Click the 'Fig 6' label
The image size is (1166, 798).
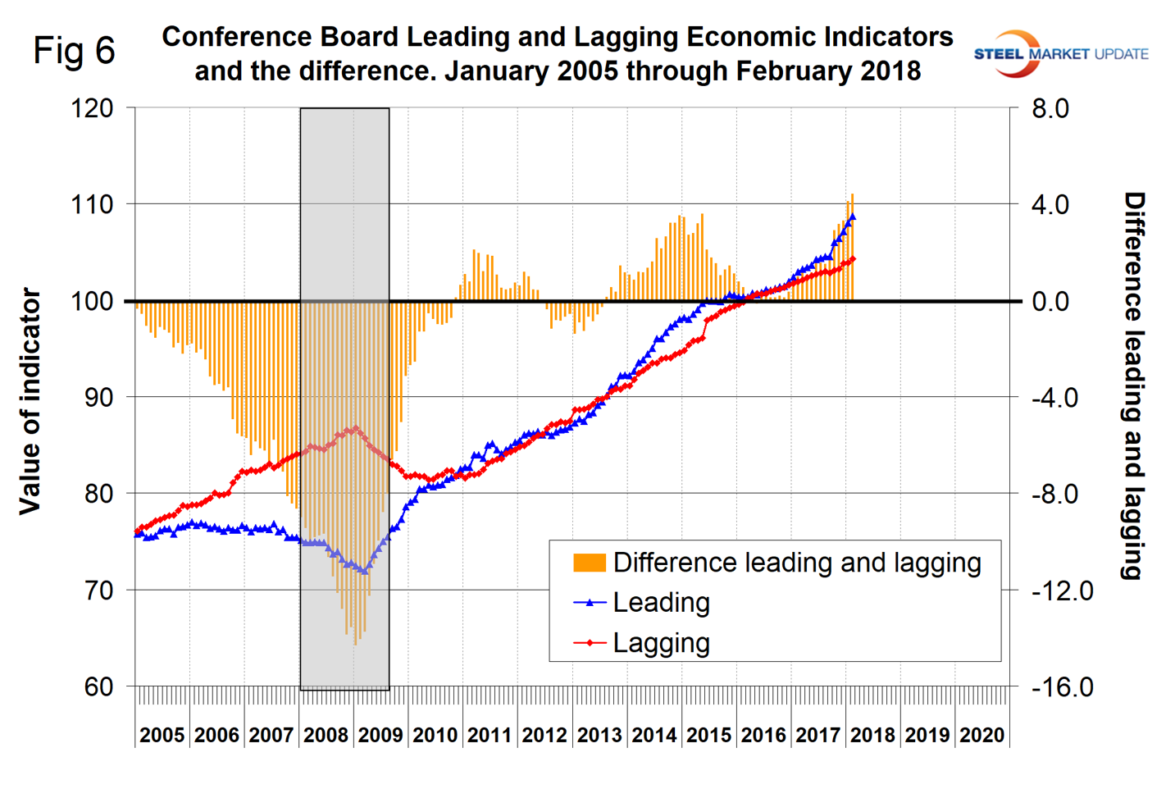tap(74, 51)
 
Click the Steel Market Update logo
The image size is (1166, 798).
tap(1060, 53)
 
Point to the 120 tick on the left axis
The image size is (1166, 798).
tap(92, 108)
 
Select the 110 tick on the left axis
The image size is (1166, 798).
tap(92, 204)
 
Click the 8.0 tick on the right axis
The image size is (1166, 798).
tap(1050, 108)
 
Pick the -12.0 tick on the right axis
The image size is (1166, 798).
tap(1062, 590)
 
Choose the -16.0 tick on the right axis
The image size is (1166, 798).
tap(1062, 686)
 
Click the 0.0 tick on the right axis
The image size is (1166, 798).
tap(1050, 301)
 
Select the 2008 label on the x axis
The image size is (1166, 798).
tap(326, 735)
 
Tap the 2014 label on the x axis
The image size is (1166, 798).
tap(654, 735)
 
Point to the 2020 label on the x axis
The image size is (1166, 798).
tap(982, 735)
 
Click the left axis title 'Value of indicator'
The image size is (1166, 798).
tap(30, 401)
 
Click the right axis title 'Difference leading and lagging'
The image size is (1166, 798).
tap(1133, 385)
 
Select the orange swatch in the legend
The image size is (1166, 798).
tap(590, 563)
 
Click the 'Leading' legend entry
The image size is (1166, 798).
tap(661, 603)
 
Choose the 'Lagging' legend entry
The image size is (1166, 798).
tap(661, 643)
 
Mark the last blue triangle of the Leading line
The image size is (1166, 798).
tap(853, 217)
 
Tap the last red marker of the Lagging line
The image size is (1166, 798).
tap(853, 259)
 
